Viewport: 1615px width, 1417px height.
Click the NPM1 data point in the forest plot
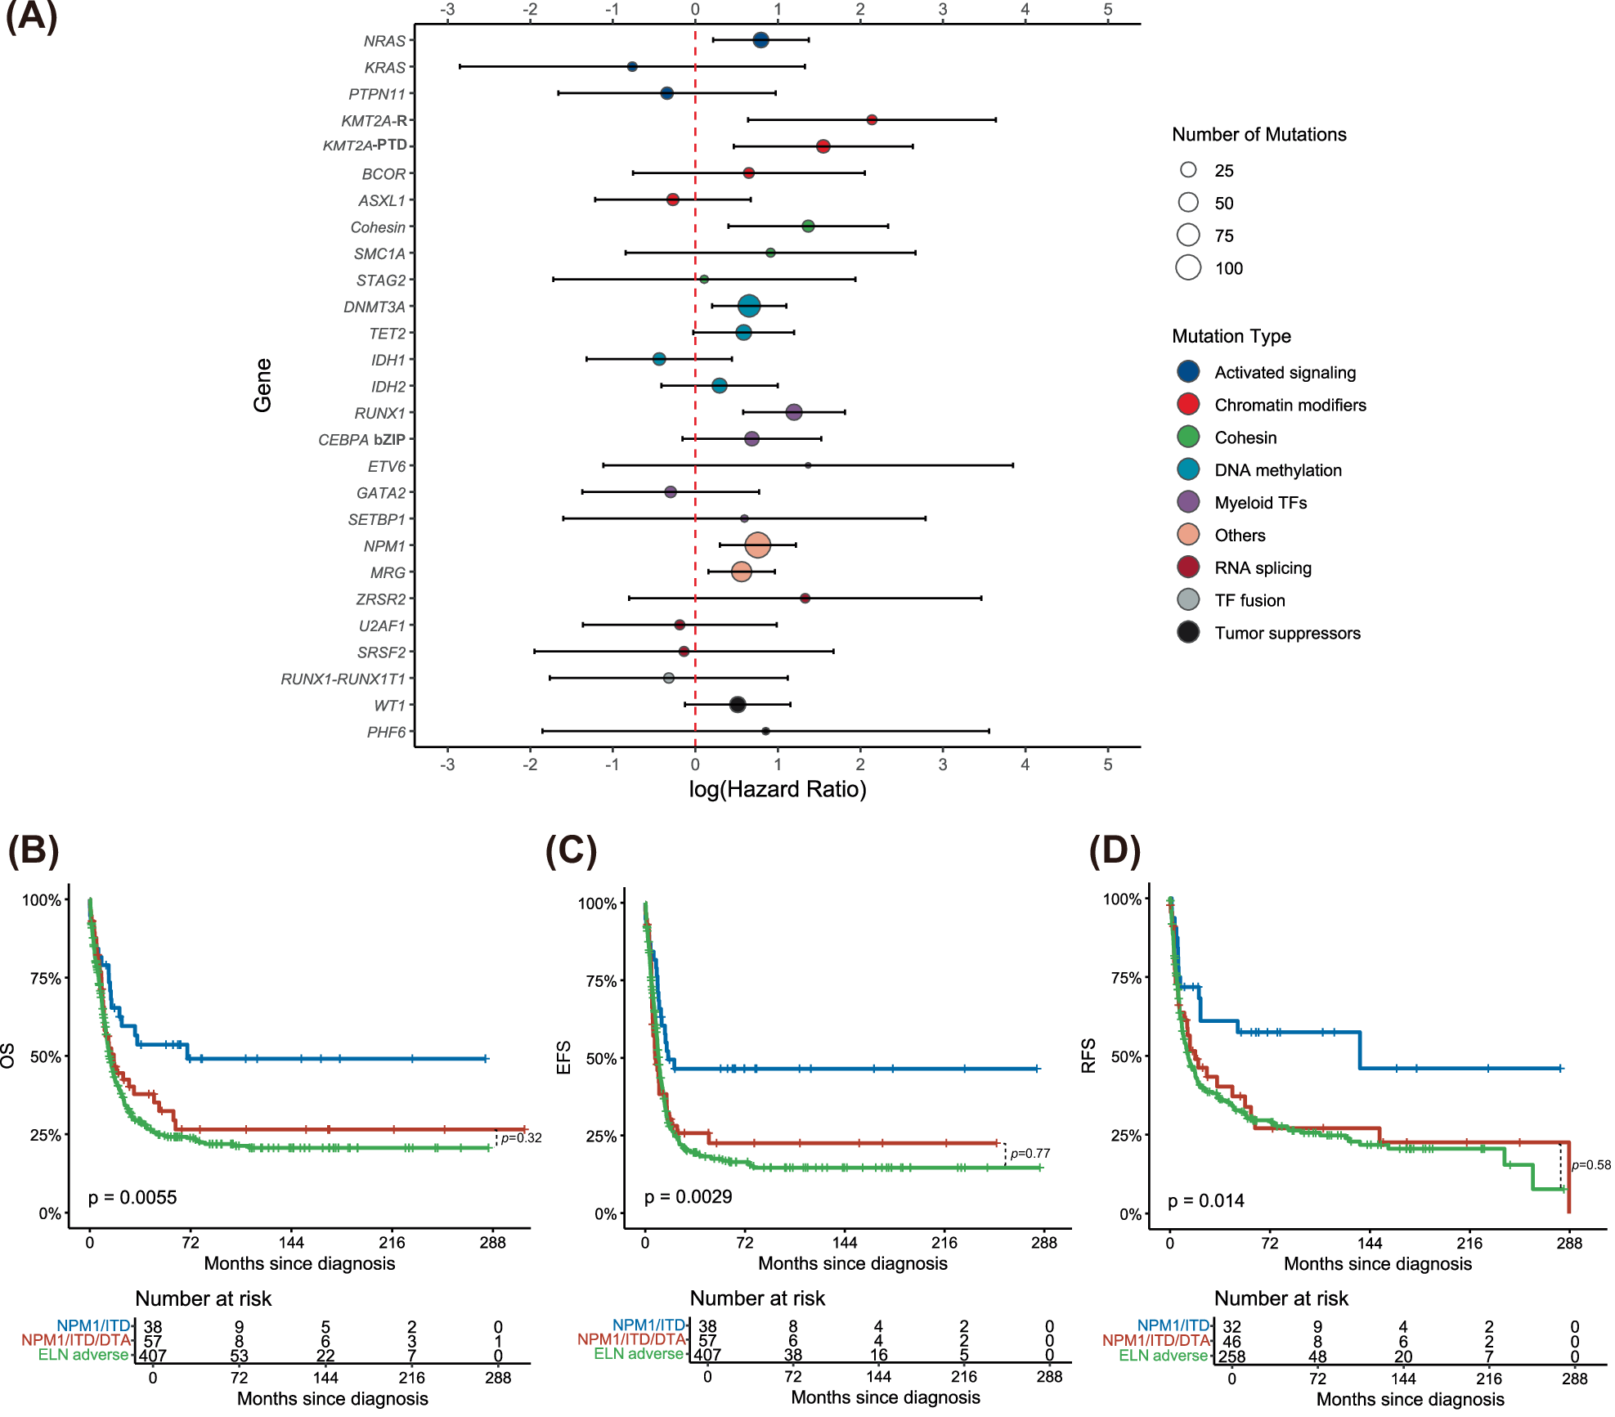click(757, 545)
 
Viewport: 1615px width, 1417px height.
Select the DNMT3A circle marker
click(748, 306)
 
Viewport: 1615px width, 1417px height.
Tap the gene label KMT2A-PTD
click(365, 146)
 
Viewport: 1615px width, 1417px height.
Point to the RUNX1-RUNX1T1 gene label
click(343, 679)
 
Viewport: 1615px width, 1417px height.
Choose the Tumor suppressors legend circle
click(1188, 632)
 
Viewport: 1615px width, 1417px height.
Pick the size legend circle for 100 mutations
click(1188, 267)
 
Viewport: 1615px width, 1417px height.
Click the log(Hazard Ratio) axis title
click(777, 789)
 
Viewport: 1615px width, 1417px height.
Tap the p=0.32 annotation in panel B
click(521, 1137)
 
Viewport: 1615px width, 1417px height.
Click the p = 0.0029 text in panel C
click(688, 1196)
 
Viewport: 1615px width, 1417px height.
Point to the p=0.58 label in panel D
click(1590, 1164)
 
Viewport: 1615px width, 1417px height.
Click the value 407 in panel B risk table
click(152, 1356)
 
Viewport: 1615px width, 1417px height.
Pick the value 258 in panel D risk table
click(1231, 1356)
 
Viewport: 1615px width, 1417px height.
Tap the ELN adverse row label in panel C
click(638, 1353)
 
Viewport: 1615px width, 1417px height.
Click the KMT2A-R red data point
click(871, 119)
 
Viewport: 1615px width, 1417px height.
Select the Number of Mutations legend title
click(1258, 134)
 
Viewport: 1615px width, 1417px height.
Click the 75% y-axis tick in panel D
click(1125, 978)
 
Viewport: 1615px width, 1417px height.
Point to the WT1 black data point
click(737, 704)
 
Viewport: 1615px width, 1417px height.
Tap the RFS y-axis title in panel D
click(1088, 1056)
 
